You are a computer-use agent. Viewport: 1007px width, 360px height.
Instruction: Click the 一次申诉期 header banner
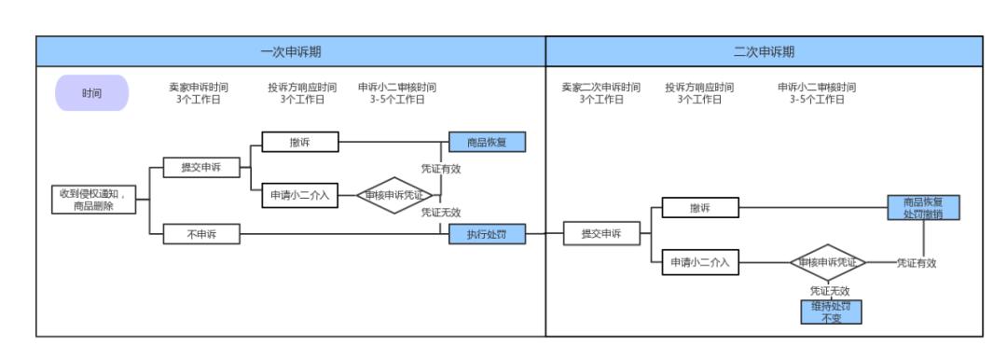click(290, 51)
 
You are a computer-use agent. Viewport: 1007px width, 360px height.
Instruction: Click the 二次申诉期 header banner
click(764, 51)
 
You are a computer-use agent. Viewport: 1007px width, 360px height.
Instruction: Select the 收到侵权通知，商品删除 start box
click(98, 200)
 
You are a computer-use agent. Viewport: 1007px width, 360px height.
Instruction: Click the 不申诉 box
click(200, 235)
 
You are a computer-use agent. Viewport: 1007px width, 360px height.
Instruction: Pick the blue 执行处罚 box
click(488, 235)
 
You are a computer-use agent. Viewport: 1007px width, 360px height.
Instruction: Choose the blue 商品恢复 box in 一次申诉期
click(488, 142)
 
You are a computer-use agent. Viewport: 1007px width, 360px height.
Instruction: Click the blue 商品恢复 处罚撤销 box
click(922, 207)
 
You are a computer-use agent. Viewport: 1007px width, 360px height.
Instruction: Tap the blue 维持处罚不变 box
click(831, 312)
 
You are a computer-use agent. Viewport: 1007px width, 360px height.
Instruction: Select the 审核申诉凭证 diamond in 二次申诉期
click(828, 263)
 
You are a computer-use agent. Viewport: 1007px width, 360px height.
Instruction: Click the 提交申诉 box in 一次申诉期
click(200, 168)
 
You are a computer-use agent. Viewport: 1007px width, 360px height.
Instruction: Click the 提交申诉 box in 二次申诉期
click(601, 234)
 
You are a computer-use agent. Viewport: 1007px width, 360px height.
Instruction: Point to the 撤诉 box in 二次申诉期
click(700, 208)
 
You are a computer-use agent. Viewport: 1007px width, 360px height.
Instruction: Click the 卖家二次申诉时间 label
click(600, 93)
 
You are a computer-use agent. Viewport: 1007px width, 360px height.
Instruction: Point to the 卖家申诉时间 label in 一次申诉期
click(198, 93)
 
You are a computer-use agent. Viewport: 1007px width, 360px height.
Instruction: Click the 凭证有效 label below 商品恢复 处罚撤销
click(917, 263)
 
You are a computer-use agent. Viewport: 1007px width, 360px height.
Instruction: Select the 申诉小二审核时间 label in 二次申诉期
click(817, 93)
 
